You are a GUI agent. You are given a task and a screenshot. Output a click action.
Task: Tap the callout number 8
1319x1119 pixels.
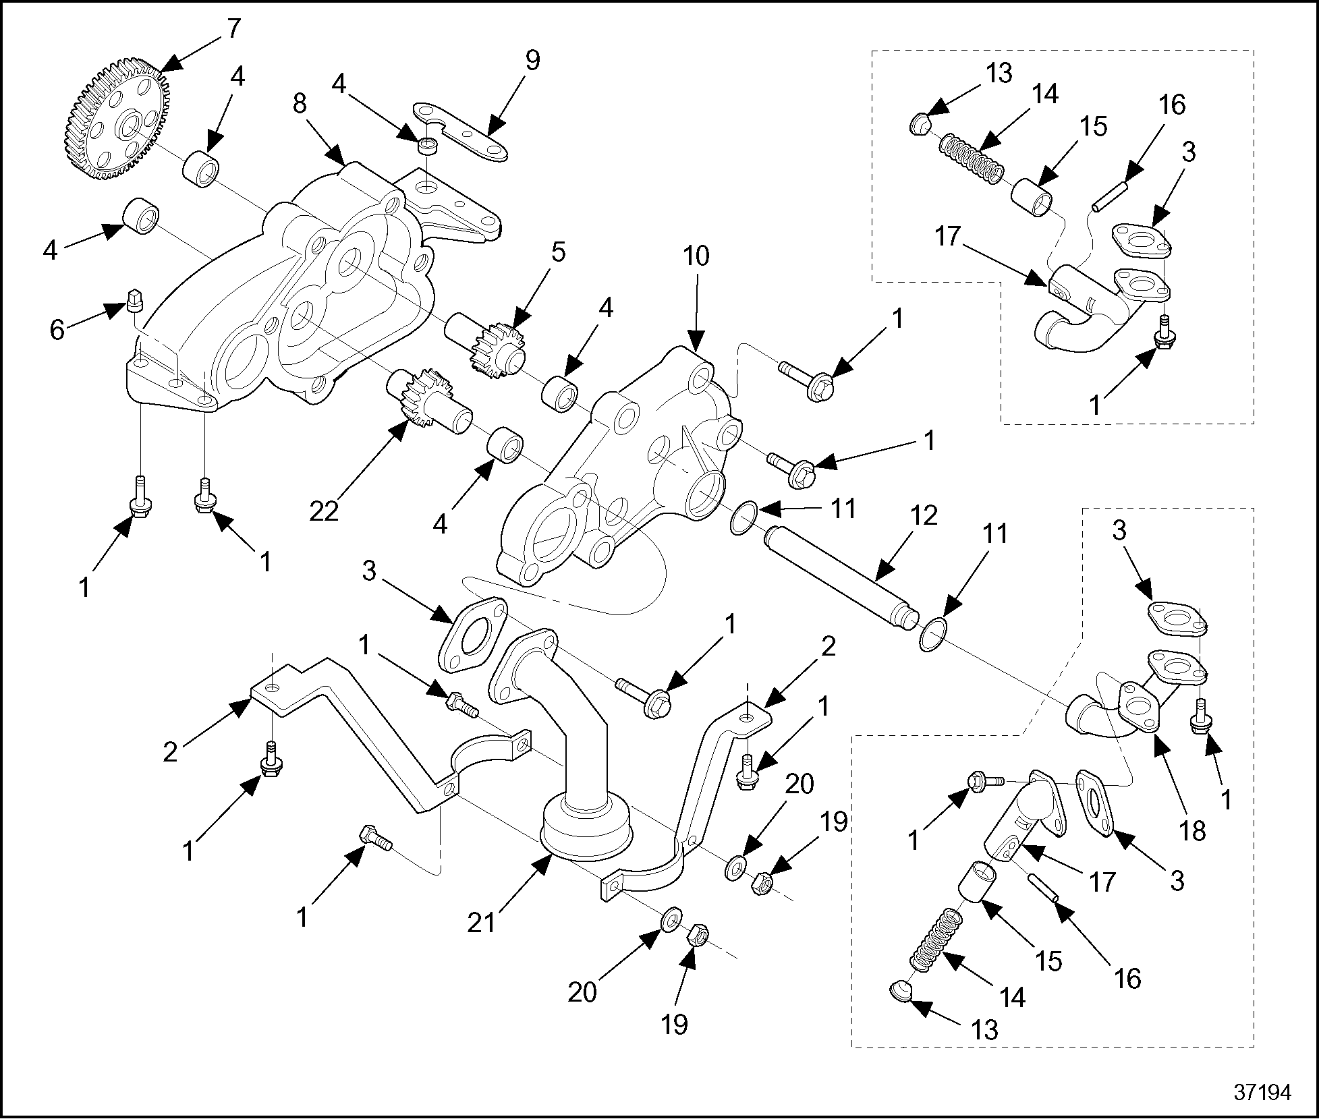pos(300,103)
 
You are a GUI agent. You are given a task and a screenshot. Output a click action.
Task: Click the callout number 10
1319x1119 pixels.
pos(696,257)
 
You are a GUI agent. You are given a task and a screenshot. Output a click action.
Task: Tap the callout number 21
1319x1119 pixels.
pos(482,922)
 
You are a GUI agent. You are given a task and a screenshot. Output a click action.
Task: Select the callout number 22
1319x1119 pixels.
pos(324,512)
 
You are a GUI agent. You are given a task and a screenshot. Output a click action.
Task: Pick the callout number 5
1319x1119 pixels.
pos(558,253)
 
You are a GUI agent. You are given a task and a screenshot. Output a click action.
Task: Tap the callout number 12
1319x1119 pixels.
pos(924,516)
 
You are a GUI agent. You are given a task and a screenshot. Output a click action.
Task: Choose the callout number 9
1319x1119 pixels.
pos(532,61)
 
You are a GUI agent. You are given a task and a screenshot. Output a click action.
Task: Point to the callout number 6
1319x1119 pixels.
pos(57,331)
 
